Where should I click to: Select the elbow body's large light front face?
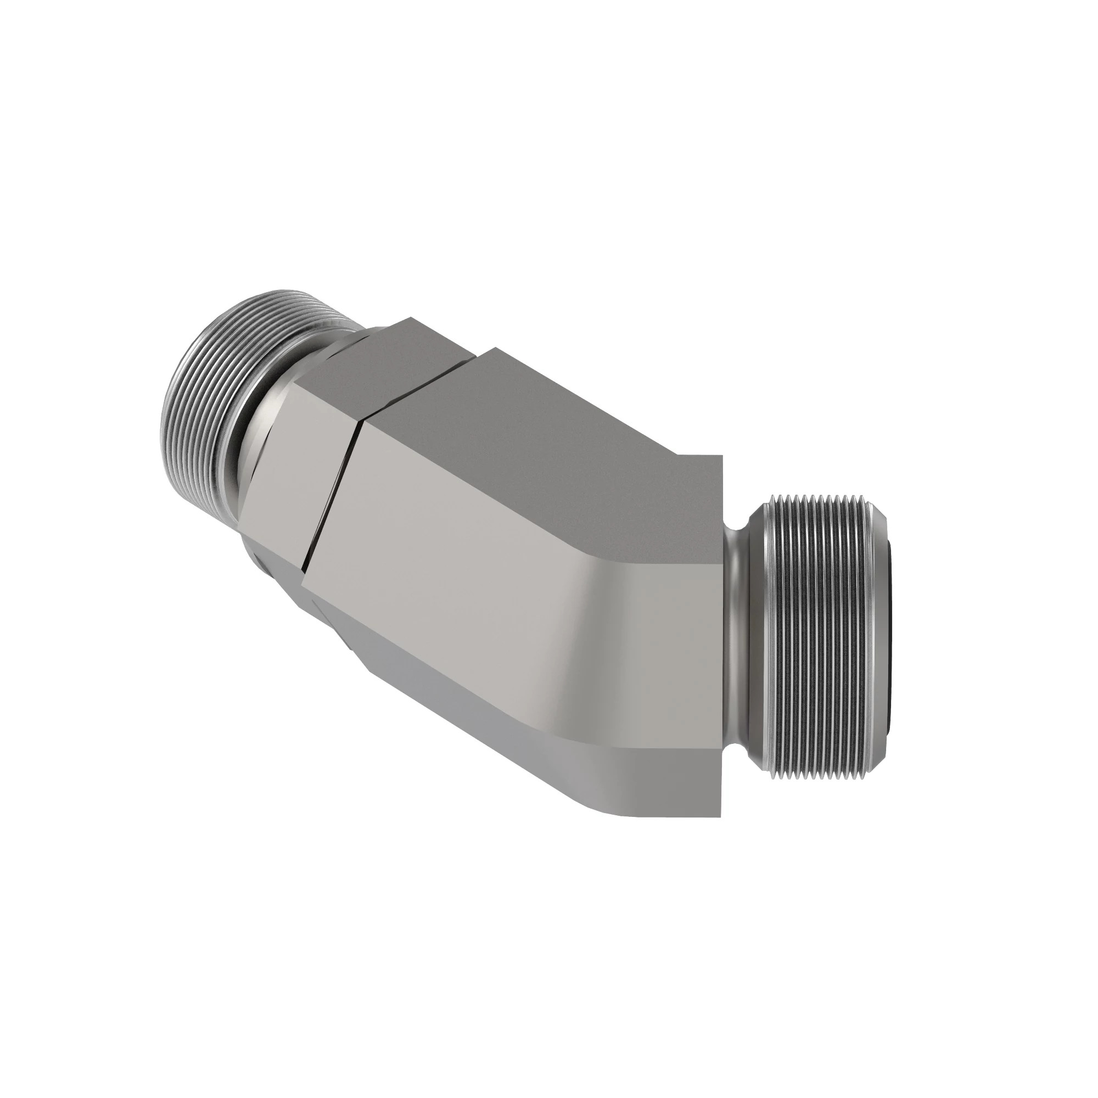pyautogui.click(x=512, y=568)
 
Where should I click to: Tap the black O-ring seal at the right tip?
pyautogui.click(x=890, y=625)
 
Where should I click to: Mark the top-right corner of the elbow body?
pyautogui.click(x=722, y=456)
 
